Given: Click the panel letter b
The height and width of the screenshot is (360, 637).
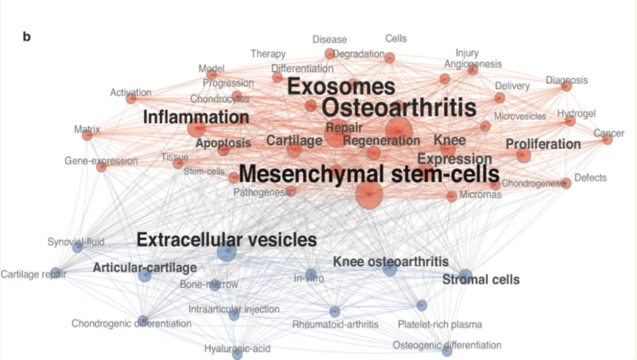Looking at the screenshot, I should coord(27,37).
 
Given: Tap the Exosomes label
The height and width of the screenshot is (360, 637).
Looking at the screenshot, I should coord(341,87).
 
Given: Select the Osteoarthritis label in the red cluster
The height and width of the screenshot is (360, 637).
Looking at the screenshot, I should coord(399,108).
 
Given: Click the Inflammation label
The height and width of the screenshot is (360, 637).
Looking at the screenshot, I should coord(196,117).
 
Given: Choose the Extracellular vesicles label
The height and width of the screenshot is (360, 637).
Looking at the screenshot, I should coord(226,240).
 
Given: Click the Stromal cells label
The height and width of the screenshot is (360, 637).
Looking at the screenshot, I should coord(481,280).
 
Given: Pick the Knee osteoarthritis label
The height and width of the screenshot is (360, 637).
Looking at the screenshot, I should coord(390,261).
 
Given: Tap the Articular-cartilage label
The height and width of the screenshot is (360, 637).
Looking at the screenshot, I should coord(145,268).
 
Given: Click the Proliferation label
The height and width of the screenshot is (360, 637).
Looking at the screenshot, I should coord(543,144).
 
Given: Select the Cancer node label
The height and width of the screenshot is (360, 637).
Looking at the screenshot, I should coord(609,133).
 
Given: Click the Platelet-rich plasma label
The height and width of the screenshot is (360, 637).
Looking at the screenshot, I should coord(439,324).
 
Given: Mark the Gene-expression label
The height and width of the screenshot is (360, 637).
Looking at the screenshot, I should coord(101,161).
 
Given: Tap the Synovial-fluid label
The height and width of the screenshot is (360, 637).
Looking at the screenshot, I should coord(76,241).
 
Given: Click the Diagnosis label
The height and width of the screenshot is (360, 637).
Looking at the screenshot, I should coord(566,80).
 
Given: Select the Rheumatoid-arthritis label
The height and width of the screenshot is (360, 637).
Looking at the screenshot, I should coord(335,324).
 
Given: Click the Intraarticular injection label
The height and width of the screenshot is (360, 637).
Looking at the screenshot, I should coord(234,309).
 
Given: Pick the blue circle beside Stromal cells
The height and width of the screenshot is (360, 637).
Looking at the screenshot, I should coord(465,276).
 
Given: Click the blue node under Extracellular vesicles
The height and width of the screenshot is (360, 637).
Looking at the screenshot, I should coord(226,253).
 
